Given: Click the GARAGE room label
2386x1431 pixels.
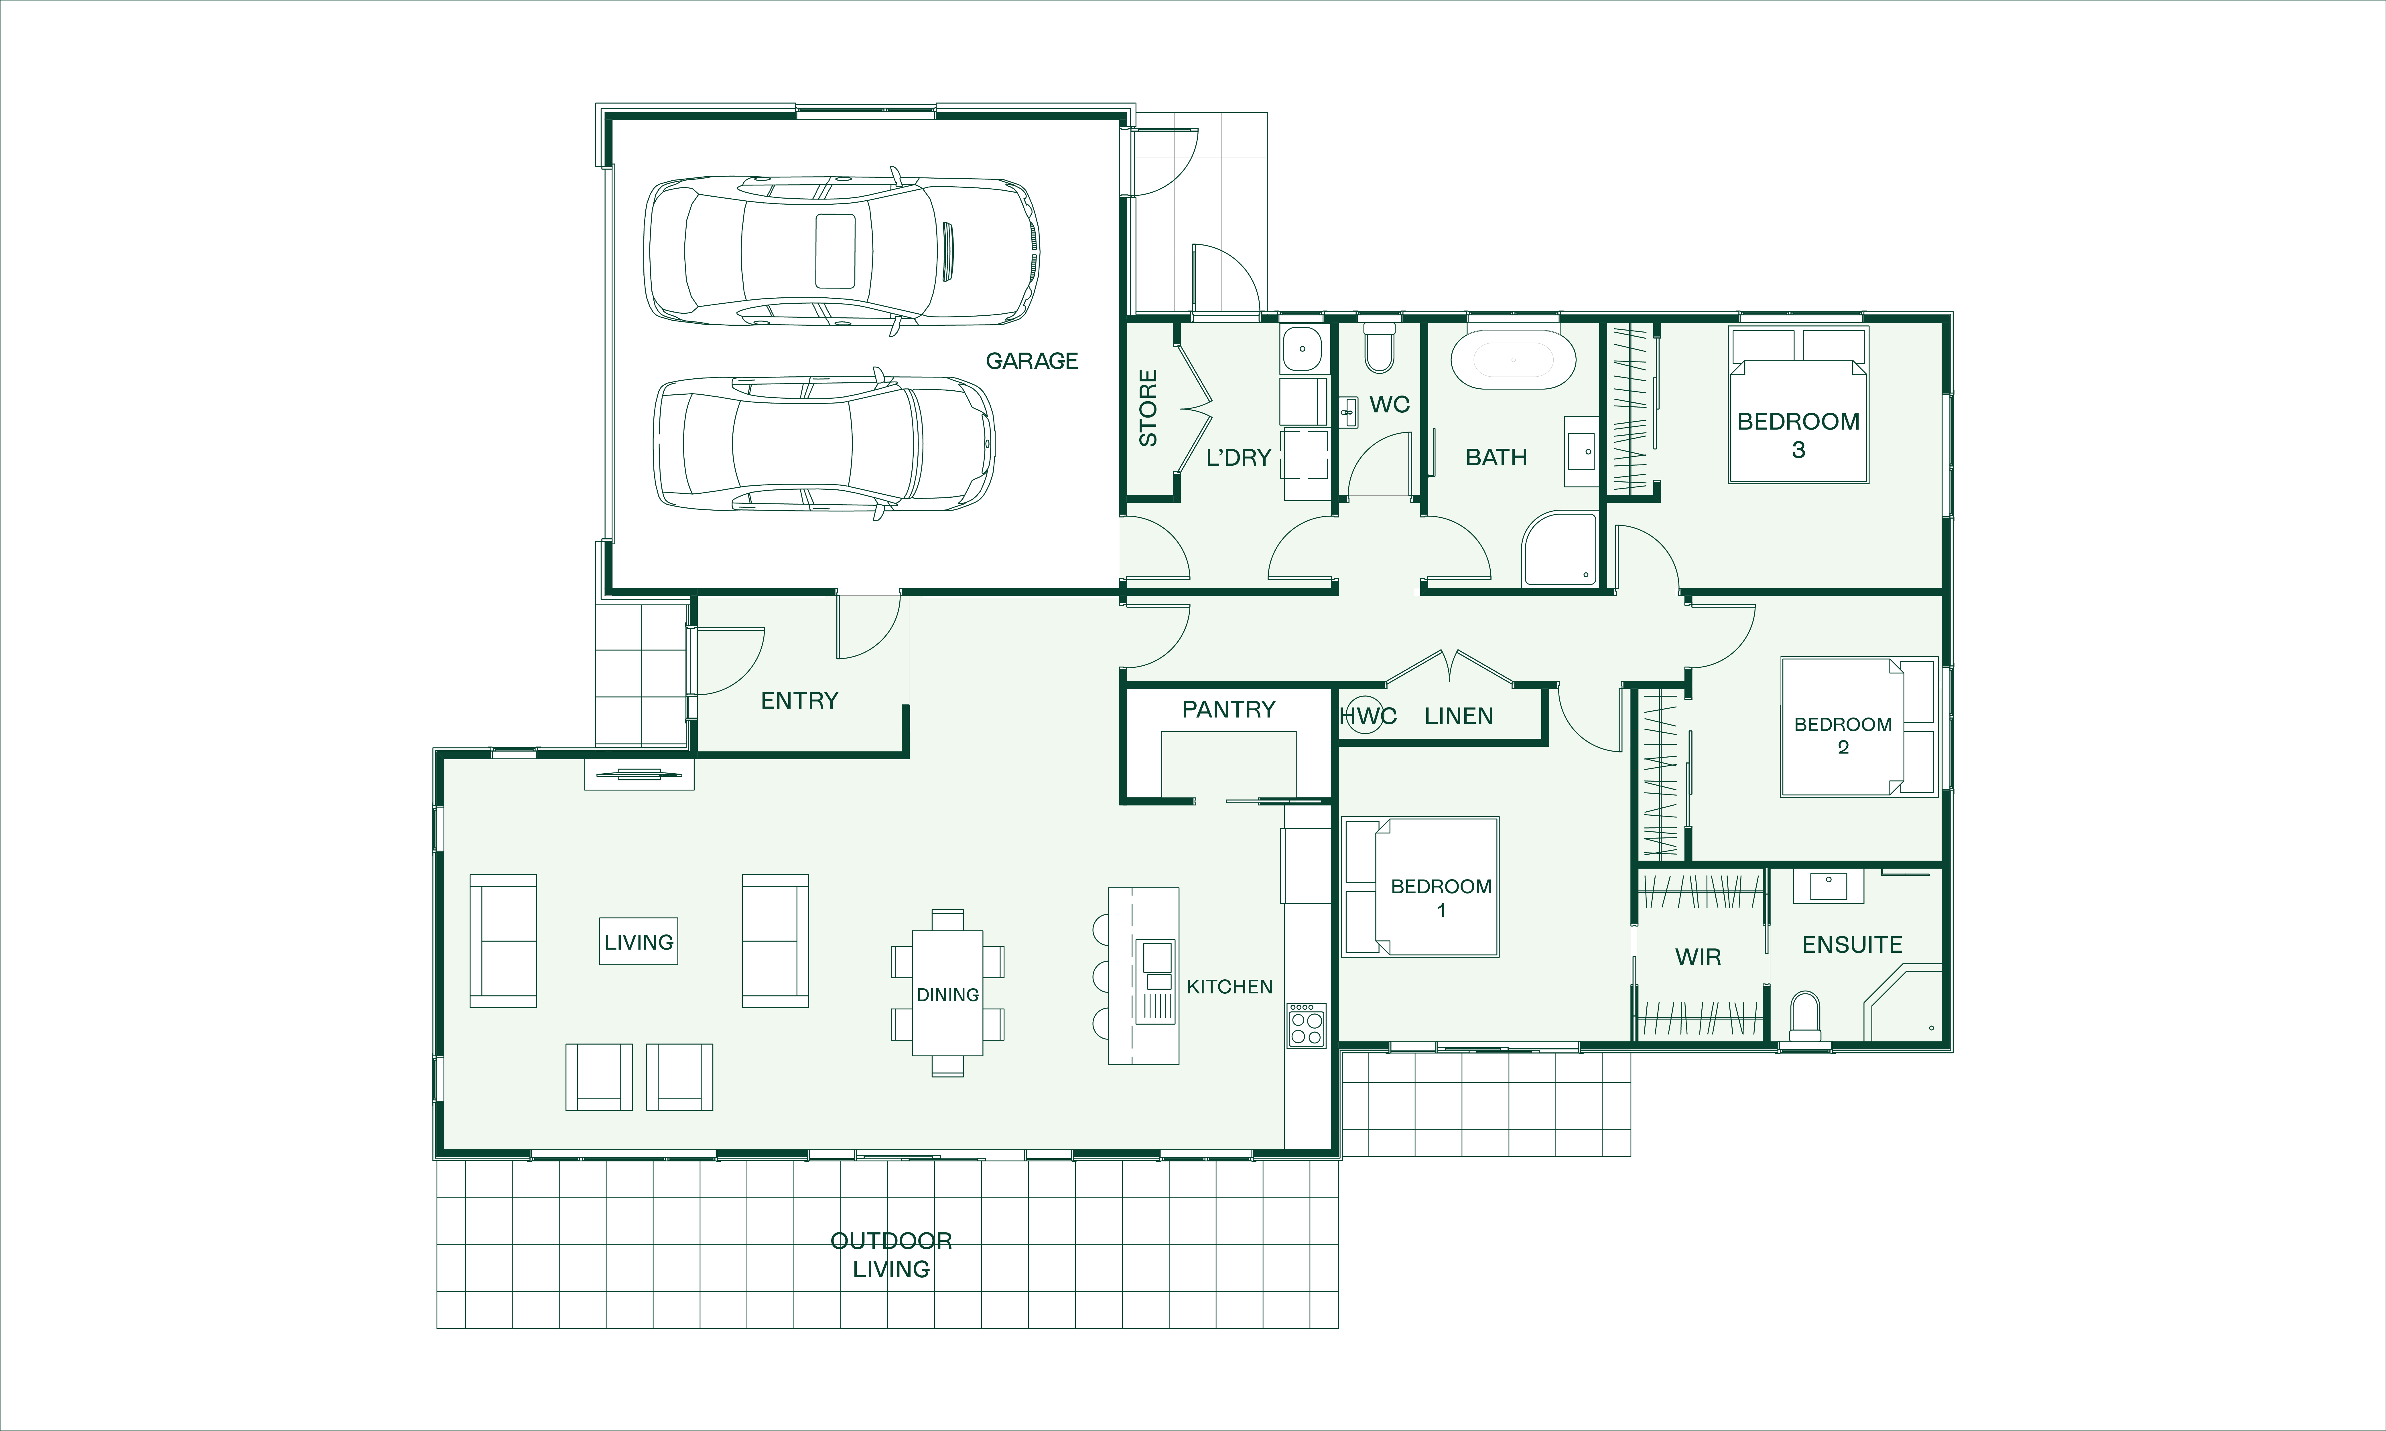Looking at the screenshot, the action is coord(1031,361).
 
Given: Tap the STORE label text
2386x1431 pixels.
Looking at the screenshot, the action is coord(1148,408).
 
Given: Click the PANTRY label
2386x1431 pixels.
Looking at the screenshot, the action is coord(1228,710).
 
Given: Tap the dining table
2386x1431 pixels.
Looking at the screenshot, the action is coord(947,993).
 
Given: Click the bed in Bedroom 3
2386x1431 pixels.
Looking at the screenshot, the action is coord(1799,405).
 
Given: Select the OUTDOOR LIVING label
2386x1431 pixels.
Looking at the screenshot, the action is coord(891,1254).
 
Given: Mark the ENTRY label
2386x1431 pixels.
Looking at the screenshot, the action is coord(799,701).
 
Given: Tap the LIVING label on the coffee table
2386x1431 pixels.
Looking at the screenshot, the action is coord(639,942).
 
